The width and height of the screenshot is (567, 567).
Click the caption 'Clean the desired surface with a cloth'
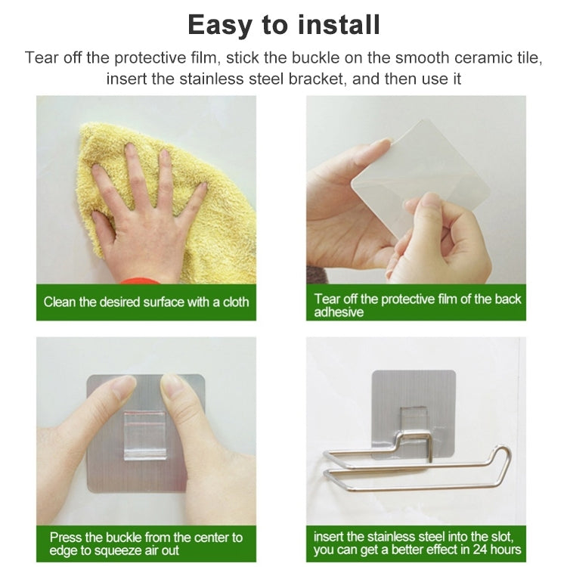(146, 302)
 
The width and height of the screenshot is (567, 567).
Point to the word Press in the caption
(65, 538)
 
